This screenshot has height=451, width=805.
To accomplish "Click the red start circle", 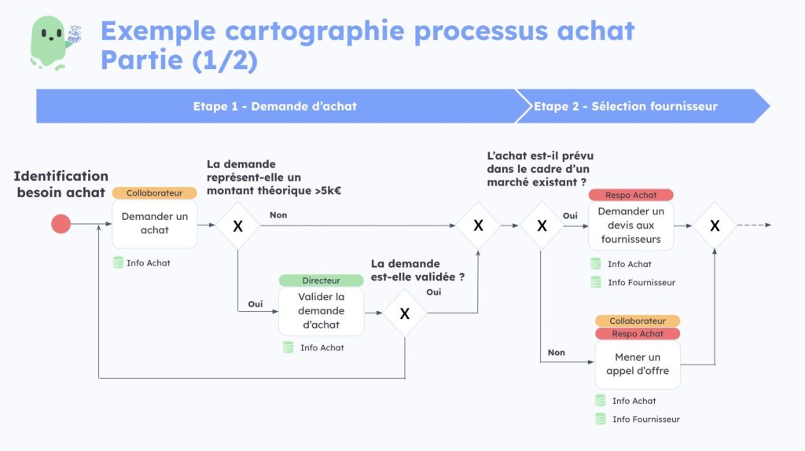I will click(x=61, y=225).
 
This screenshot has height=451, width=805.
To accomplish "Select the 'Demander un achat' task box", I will click(x=154, y=223).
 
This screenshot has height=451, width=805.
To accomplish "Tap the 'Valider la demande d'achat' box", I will click(x=321, y=311).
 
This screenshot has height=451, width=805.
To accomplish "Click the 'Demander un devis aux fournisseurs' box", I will click(x=630, y=225).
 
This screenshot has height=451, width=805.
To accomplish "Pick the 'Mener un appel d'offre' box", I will click(x=637, y=364).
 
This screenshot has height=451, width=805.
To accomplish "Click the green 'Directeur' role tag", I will click(x=321, y=280).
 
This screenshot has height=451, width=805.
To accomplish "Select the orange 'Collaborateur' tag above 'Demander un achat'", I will click(x=154, y=193).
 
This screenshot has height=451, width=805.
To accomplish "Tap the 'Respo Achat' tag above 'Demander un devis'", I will click(x=630, y=195).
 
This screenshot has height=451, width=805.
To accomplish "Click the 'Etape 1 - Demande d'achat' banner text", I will click(x=274, y=106).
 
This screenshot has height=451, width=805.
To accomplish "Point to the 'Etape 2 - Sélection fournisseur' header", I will click(x=625, y=106).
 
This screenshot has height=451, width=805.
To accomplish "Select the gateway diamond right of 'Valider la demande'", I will click(x=405, y=313).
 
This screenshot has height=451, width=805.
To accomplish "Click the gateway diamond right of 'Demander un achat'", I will click(x=237, y=225).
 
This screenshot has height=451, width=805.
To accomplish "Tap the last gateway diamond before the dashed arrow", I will click(x=715, y=225).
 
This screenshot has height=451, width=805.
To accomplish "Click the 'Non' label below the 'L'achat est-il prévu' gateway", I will click(x=556, y=353).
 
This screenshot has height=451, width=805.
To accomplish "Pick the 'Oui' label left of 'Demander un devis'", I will click(x=570, y=215).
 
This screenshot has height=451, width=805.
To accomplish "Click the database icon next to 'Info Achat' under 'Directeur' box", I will click(x=289, y=347).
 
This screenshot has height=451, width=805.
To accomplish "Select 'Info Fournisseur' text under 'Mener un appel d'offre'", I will click(x=645, y=420).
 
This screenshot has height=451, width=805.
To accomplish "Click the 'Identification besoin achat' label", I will click(x=61, y=184).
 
